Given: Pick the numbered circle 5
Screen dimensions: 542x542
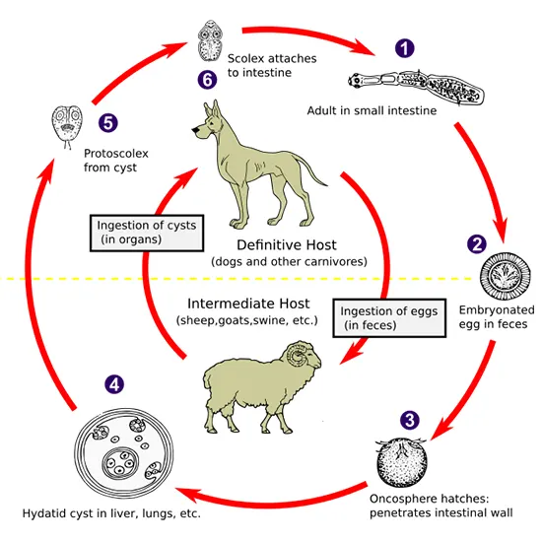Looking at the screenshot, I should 108,122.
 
